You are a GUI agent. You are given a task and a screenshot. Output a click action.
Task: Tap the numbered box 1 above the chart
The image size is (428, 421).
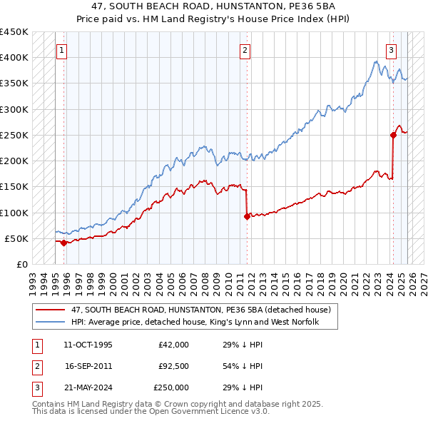point(62,50)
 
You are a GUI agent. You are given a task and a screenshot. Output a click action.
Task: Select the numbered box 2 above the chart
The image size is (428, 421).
point(245,50)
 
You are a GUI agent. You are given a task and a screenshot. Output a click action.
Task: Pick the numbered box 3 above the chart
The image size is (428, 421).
point(392,50)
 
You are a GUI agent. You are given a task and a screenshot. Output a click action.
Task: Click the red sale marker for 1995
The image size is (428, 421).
point(64,243)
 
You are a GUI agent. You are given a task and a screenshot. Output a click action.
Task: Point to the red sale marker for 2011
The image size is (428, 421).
point(247,216)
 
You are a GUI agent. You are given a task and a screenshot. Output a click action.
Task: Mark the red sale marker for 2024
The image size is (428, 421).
point(393,135)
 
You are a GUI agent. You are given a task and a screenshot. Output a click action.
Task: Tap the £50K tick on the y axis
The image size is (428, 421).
point(17,238)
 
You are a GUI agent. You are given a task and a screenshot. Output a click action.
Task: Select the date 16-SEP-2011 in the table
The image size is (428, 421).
point(88,366)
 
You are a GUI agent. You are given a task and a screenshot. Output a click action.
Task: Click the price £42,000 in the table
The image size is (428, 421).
point(173,345)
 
